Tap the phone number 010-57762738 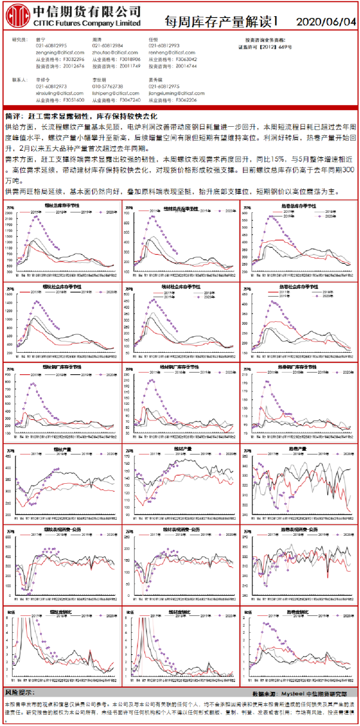point(108,86)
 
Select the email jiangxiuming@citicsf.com point(173,93)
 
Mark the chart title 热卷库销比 point(298,613)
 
